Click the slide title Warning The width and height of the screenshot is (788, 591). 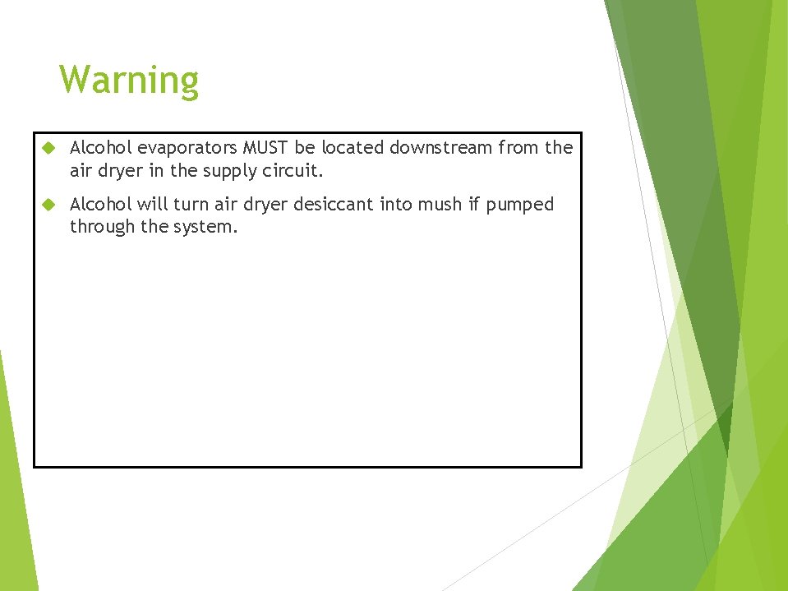(129, 81)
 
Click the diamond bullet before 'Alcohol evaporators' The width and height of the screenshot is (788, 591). (48, 148)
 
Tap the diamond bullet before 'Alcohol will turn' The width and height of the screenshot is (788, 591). (48, 204)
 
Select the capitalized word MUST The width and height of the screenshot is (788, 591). (262, 148)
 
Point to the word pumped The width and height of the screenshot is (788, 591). (520, 205)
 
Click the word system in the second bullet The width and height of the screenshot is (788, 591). (205, 228)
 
